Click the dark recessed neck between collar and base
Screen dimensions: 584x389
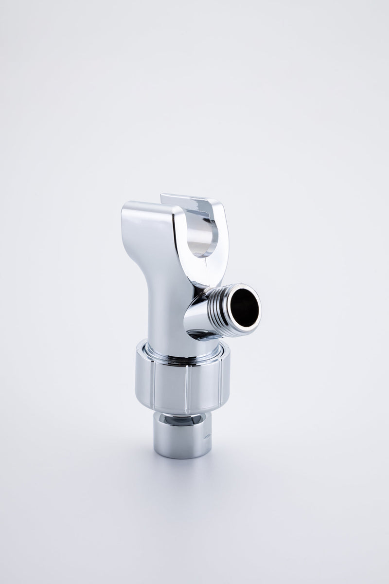182,418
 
